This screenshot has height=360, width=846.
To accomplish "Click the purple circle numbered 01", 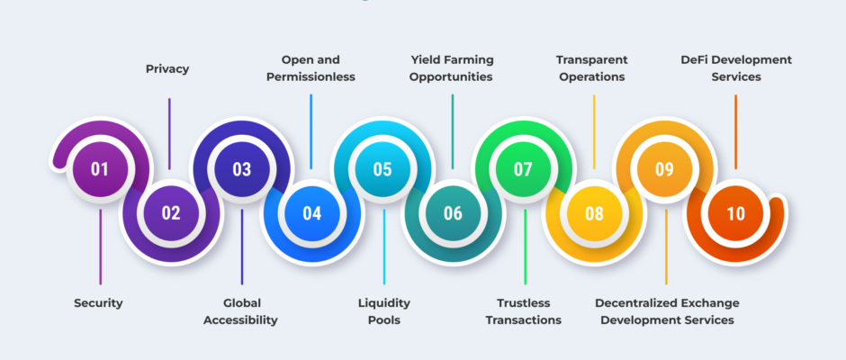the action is coord(100,169).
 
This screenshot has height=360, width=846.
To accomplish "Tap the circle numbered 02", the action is coord(170,213).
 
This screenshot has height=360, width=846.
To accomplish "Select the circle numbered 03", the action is coord(242,169).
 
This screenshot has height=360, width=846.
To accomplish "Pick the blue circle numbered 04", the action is coord(312,213).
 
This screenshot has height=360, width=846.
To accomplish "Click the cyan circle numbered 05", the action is coord(382,169).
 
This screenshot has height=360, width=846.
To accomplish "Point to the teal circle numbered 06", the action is coord(454,213).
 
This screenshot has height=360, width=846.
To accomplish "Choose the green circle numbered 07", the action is coord(524,169).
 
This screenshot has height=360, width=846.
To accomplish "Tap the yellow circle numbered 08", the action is coord(594,213).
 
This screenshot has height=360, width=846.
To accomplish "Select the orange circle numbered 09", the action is coord(665,169).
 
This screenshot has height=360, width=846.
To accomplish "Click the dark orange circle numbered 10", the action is coord(735,213).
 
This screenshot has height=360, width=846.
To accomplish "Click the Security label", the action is coord(98,303).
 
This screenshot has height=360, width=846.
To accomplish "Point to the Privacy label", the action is coord(167,69).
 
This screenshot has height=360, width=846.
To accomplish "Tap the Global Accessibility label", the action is coord(240,311).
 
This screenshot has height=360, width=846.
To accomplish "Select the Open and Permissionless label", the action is coord(310,68).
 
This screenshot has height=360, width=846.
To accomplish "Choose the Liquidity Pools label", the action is coord(384,311).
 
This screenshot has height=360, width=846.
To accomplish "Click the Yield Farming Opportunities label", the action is coord(451,68).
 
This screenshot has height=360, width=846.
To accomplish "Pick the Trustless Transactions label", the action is coord(524,311).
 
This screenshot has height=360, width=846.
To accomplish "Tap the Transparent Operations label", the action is coord(592,68).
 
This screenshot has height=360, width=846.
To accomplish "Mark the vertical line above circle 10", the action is coord(735,131).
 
